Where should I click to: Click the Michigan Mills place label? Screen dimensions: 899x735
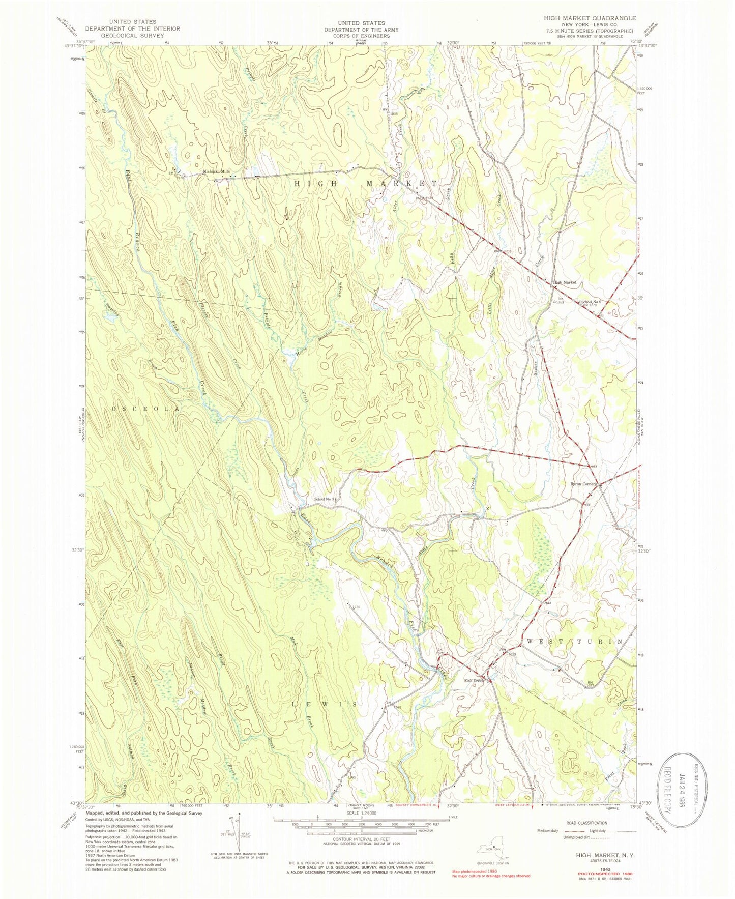coord(216,172)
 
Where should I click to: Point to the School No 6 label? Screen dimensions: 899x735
coord(591,301)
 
